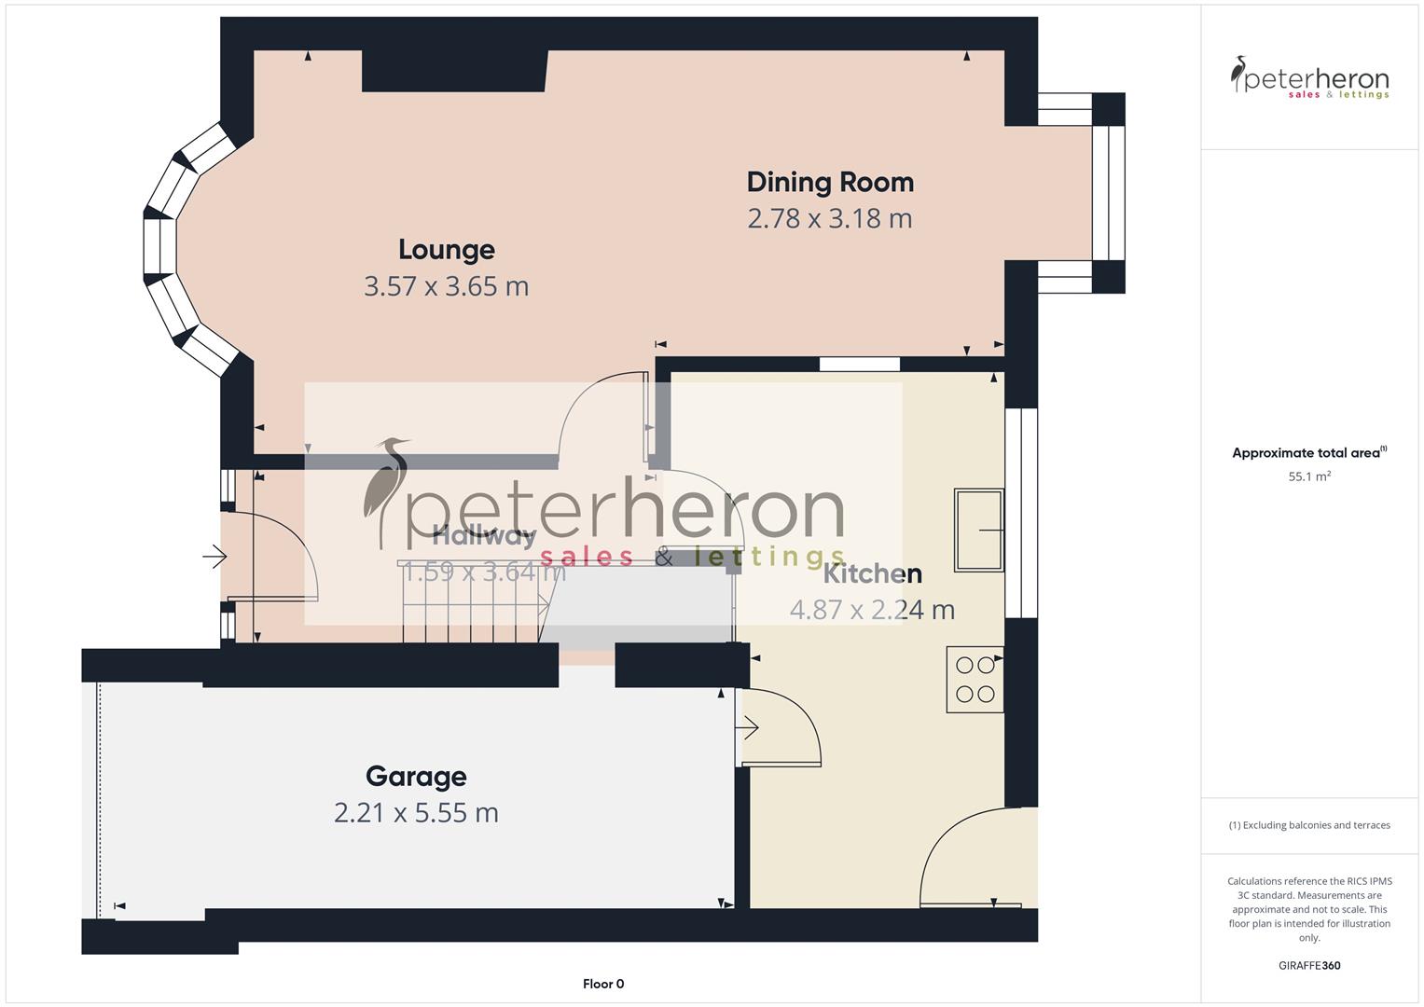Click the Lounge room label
[x=446, y=250]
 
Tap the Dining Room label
[x=830, y=182]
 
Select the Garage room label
[x=416, y=777]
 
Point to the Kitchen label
[x=872, y=573]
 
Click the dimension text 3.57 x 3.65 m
[x=446, y=286]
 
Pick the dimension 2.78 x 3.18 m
[x=830, y=218]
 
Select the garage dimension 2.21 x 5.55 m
[x=416, y=813]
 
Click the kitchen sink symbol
[x=978, y=530]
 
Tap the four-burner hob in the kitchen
[x=975, y=680]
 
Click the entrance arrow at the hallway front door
[x=214, y=558]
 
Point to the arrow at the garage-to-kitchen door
[x=748, y=727]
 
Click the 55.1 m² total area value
[x=1309, y=476]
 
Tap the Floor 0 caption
[x=603, y=984]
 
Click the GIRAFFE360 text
[x=1309, y=965]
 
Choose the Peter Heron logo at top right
[x=1309, y=78]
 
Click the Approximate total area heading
[x=1307, y=453]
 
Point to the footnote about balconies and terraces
[x=1309, y=825]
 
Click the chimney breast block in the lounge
[x=454, y=71]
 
